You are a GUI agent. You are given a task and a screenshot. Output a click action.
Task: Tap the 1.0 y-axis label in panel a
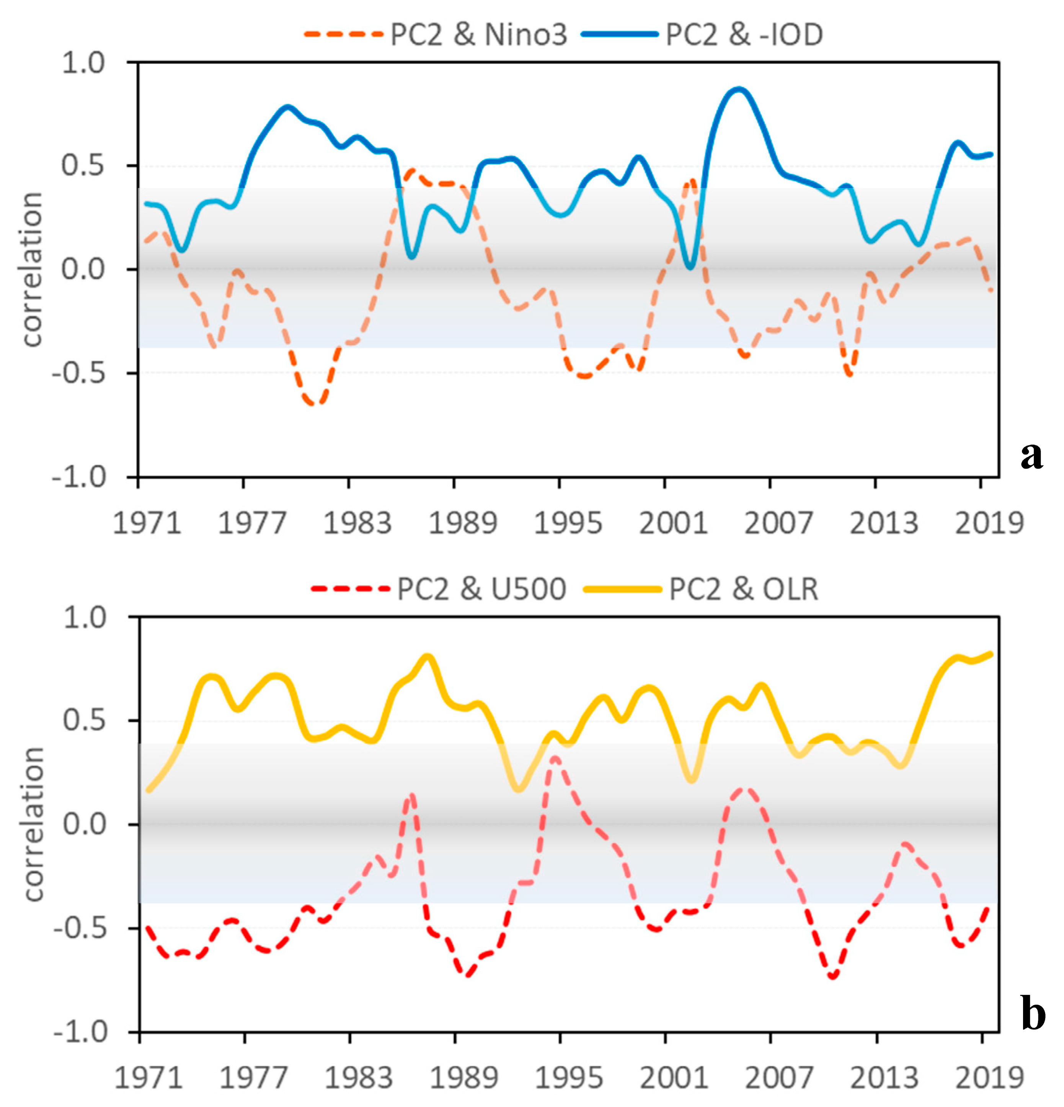pos(83,63)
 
